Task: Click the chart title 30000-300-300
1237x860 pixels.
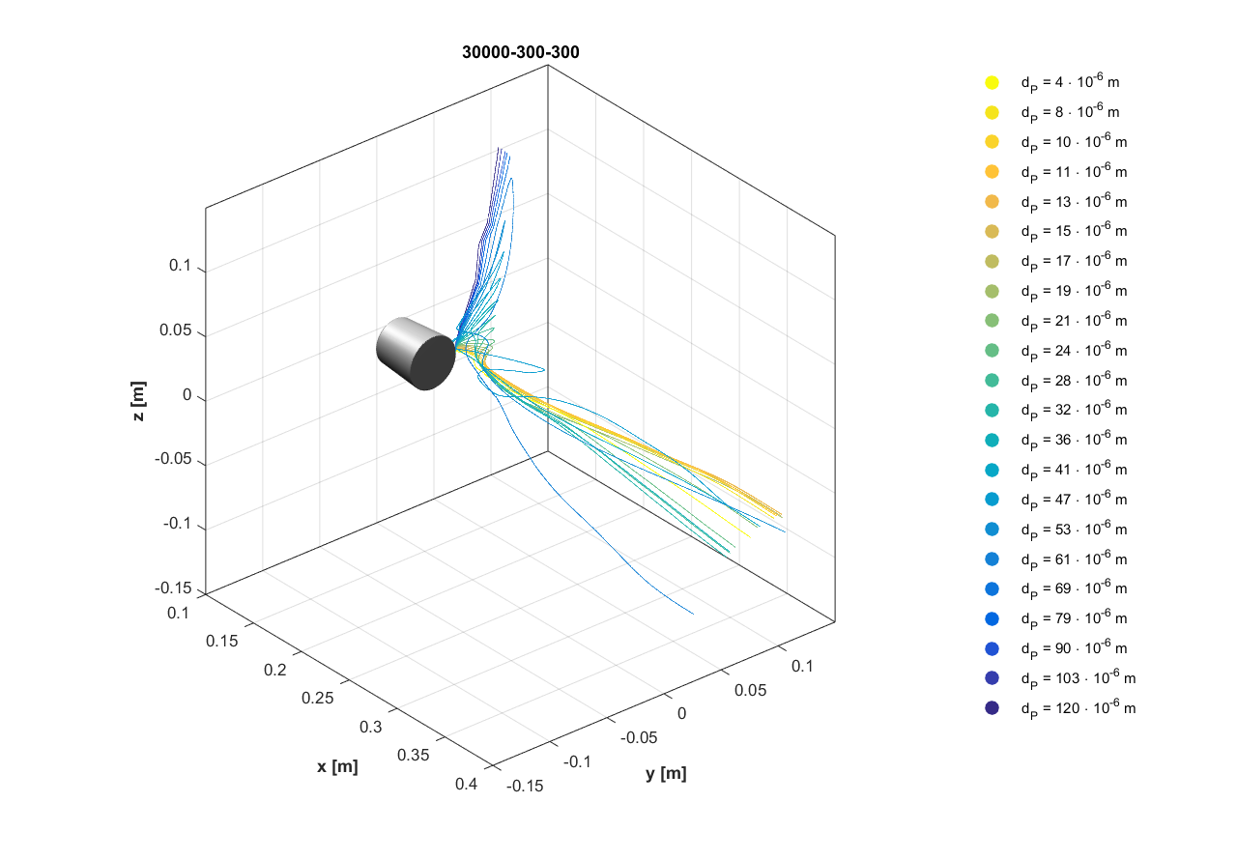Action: [x=521, y=52]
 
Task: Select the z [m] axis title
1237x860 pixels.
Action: [x=140, y=400]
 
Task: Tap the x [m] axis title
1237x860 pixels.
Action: [x=337, y=766]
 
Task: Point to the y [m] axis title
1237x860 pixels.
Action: [x=666, y=773]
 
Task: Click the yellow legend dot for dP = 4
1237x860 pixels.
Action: [x=992, y=83]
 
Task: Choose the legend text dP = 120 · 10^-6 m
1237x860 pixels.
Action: [x=1078, y=708]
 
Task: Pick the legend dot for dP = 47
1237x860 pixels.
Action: [x=992, y=500]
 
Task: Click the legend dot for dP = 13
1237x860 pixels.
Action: [x=992, y=202]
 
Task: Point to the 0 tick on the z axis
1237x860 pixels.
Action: [x=187, y=396]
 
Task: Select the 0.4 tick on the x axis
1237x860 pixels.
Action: [x=466, y=785]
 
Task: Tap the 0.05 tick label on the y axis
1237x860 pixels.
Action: [x=749, y=690]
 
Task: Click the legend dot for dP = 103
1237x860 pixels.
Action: [x=992, y=678]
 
